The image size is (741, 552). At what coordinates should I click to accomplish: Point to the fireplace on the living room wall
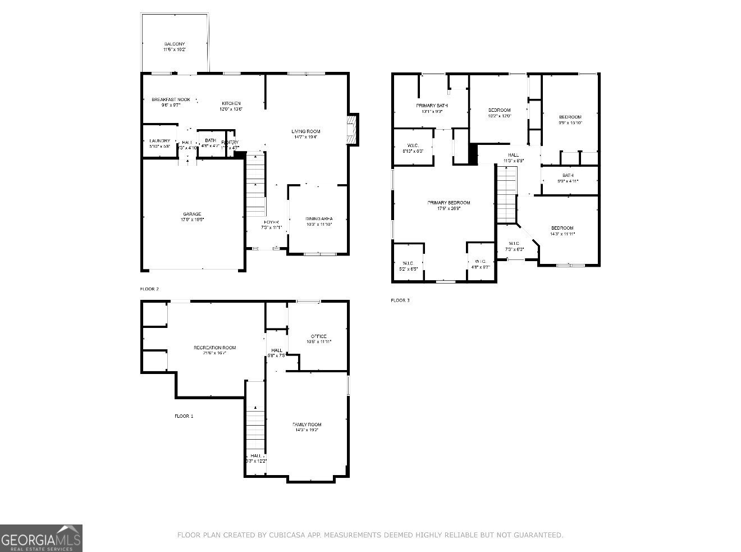[352, 129]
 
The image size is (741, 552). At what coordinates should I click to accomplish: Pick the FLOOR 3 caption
[400, 300]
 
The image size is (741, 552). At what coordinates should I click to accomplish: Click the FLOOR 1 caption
[184, 416]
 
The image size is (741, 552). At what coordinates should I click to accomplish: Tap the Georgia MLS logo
[41, 538]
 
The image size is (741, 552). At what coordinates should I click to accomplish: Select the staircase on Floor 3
[506, 194]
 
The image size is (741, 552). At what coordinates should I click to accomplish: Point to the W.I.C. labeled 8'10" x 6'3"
[413, 147]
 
